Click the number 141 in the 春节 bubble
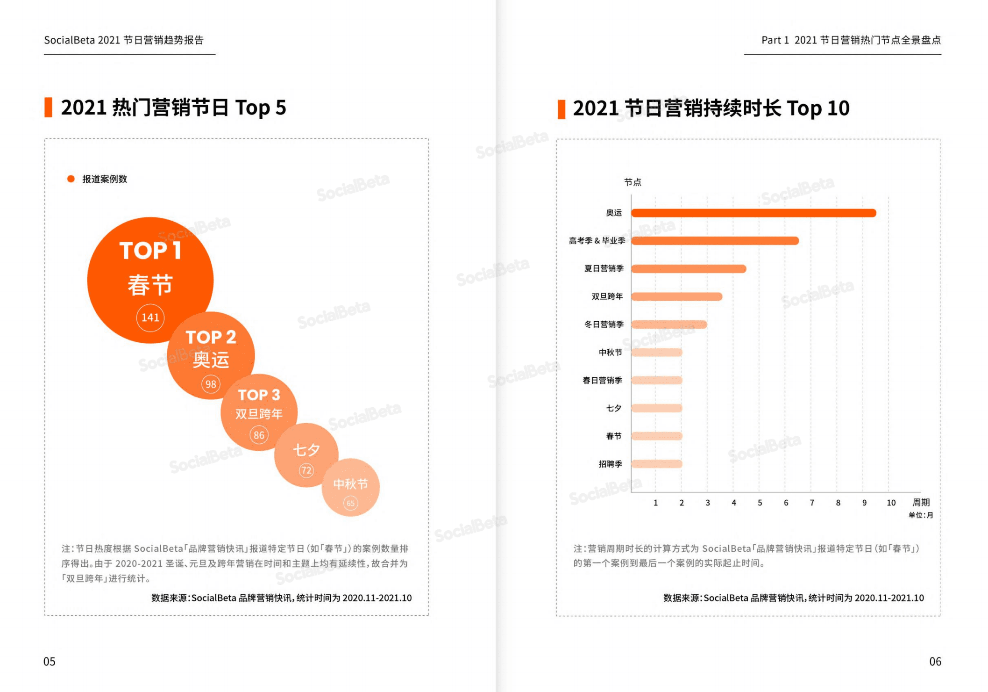tap(150, 317)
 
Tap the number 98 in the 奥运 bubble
tap(211, 384)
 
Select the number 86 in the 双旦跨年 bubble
tap(259, 435)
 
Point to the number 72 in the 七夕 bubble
tap(306, 470)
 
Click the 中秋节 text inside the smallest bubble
tap(350, 484)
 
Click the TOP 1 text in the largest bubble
tap(150, 251)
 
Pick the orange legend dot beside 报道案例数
tap(71, 179)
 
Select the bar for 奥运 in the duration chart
tap(753, 213)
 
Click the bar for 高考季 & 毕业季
tap(715, 241)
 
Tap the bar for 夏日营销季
tap(689, 269)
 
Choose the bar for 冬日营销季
tap(669, 324)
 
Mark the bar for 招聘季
tap(657, 464)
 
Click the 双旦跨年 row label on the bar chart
tap(607, 296)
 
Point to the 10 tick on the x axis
tap(891, 503)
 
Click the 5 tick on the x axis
tap(760, 503)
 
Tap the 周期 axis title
tap(921, 502)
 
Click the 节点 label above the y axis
tap(633, 182)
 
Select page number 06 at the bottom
tap(935, 661)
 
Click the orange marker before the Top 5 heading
tap(48, 108)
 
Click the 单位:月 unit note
tap(920, 515)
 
